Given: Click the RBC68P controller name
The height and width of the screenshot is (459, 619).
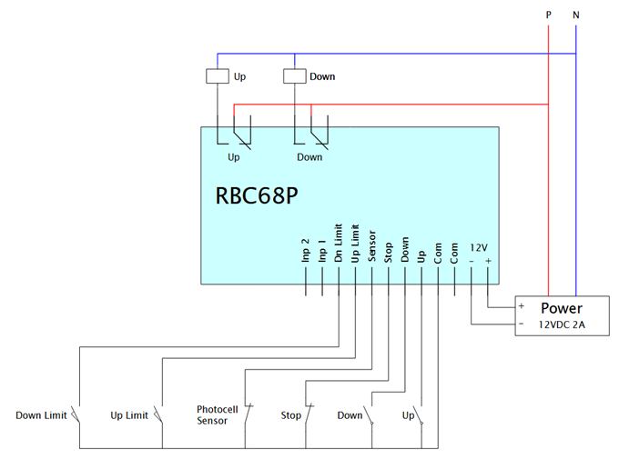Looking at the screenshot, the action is coord(257,195).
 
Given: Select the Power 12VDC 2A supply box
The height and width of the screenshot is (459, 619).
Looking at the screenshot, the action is coord(562,316).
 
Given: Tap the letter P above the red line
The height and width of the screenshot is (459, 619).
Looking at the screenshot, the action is coord(548,15).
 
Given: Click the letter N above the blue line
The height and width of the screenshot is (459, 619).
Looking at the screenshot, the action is coord(576,15).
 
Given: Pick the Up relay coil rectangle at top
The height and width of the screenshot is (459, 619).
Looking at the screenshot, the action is coord(218,76).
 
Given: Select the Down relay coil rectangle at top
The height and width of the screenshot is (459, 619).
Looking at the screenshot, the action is coord(295,76).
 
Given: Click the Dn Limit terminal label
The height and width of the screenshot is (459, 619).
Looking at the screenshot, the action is coord(339,243).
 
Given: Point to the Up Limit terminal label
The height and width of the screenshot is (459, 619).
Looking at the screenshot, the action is coord(355,244).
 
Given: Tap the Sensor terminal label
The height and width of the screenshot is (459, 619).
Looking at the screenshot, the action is coord(371,246).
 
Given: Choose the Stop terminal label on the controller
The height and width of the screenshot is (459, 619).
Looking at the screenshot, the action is coord(388,253).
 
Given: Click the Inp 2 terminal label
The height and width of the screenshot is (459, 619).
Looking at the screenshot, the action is coord(305,250).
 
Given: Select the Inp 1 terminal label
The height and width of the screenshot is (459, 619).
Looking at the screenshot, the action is coord(321,250).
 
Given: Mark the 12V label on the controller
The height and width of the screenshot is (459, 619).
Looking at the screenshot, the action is coord(479,247).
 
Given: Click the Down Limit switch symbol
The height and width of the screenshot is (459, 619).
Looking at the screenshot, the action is coord(76,414).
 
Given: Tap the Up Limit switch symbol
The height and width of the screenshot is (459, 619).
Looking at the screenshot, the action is coord(158,414).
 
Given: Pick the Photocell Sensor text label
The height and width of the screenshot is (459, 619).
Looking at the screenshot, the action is coord(218,414).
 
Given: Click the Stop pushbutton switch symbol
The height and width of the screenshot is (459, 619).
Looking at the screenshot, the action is coord(309,414).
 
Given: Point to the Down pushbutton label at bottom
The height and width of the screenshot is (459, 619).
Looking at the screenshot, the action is coord(350,415).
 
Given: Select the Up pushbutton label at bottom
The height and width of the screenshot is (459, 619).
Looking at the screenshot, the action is coord(408,415).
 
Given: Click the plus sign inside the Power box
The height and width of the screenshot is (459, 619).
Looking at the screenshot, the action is coord(522,306).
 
